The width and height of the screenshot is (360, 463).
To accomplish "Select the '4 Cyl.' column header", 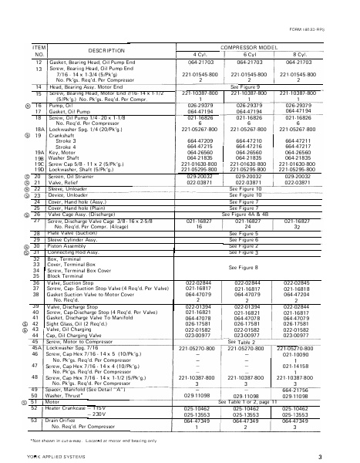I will [199, 54].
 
